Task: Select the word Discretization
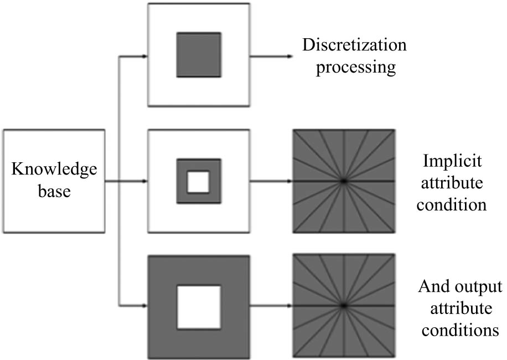354,45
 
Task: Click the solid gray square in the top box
199,55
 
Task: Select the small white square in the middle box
198,181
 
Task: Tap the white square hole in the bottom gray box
199,306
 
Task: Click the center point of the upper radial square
343,181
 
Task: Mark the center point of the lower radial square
343,306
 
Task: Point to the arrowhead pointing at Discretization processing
289,56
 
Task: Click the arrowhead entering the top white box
145,56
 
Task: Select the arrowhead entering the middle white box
145,181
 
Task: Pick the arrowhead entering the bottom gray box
145,306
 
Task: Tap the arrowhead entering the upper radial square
289,181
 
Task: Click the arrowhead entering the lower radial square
289,306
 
